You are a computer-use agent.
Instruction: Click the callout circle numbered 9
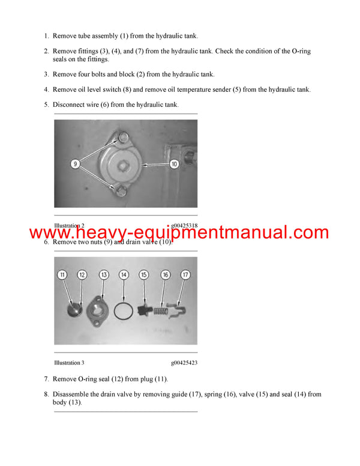pos(75,163)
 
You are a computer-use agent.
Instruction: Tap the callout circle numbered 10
pos(174,163)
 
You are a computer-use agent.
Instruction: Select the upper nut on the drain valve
pos(123,138)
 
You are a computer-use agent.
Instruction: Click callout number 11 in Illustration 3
pos(62,274)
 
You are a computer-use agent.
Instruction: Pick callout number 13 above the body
pos(104,274)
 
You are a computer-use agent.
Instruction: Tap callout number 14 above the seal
pos(124,274)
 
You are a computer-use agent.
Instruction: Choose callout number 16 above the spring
pos(165,274)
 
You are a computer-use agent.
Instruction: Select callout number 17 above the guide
pos(185,274)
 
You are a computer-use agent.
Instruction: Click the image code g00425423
pos(184,363)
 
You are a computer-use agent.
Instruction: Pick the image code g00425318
pos(184,226)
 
